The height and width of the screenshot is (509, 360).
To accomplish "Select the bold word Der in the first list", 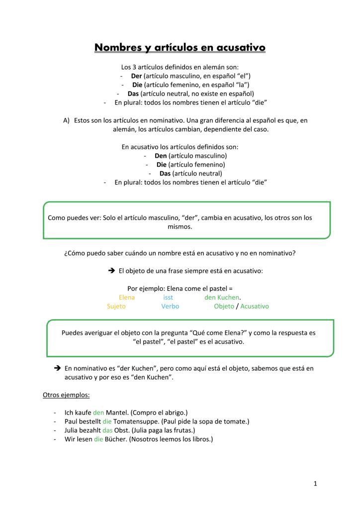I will click(x=136, y=76).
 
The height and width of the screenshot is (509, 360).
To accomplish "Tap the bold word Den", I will click(x=161, y=156).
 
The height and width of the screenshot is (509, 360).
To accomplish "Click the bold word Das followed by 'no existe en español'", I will click(x=133, y=93).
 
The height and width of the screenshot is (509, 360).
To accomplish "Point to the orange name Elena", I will click(x=127, y=297).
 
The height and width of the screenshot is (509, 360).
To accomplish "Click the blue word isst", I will click(x=168, y=297).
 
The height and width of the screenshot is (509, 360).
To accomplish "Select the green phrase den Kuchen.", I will click(x=222, y=297).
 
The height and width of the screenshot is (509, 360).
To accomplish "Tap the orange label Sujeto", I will click(x=116, y=306).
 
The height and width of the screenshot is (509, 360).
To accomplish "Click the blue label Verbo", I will click(x=170, y=306).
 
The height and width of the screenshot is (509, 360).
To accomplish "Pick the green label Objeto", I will click(x=224, y=306).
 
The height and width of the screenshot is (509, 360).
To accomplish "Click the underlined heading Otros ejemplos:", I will click(x=66, y=395).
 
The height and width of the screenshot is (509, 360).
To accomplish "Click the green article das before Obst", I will click(x=107, y=430).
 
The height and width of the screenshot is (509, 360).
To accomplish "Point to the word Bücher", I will click(x=116, y=439).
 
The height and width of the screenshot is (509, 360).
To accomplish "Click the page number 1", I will click(x=315, y=483).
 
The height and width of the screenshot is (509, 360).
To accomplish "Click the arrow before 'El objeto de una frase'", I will click(x=111, y=270).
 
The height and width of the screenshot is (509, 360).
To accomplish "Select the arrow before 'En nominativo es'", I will click(x=57, y=368).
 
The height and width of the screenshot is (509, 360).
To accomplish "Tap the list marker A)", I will click(x=66, y=120).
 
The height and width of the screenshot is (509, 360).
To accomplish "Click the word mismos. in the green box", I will click(x=180, y=227).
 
